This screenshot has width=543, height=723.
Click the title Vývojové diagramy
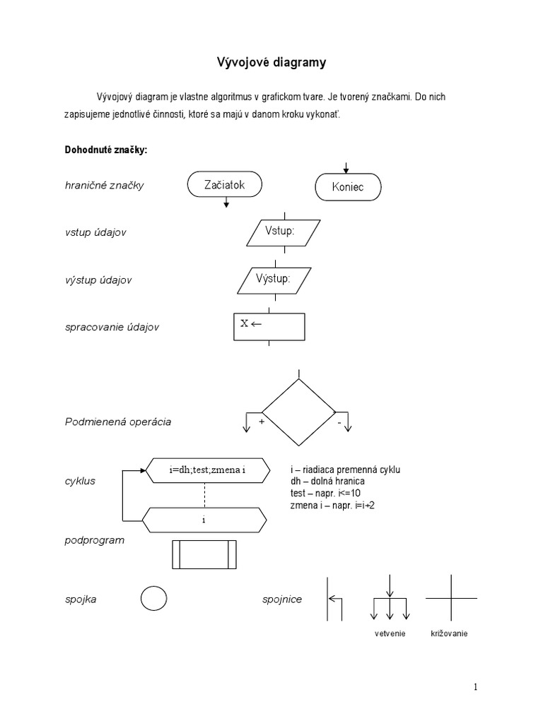[271, 64]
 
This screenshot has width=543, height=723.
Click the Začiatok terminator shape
[225, 185]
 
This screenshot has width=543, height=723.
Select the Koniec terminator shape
[347, 188]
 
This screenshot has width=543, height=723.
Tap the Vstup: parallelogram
[284, 232]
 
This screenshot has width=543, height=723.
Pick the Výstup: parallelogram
[284, 279]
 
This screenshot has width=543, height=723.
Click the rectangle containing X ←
[269, 325]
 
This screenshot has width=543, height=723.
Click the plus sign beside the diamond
[261, 422]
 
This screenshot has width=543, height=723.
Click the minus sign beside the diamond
[339, 422]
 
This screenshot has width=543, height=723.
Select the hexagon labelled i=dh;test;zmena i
[206, 469]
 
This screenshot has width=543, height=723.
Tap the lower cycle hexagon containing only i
[206, 520]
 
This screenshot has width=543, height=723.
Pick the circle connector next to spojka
[154, 599]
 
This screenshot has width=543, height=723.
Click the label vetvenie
[390, 633]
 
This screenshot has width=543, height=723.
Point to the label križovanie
[449, 633]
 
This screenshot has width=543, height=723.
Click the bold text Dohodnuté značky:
[105, 150]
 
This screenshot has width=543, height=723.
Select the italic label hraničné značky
[104, 186]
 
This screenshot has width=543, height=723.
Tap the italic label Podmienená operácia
[118, 422]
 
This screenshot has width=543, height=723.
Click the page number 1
[476, 687]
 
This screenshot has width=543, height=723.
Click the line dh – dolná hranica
[327, 481]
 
